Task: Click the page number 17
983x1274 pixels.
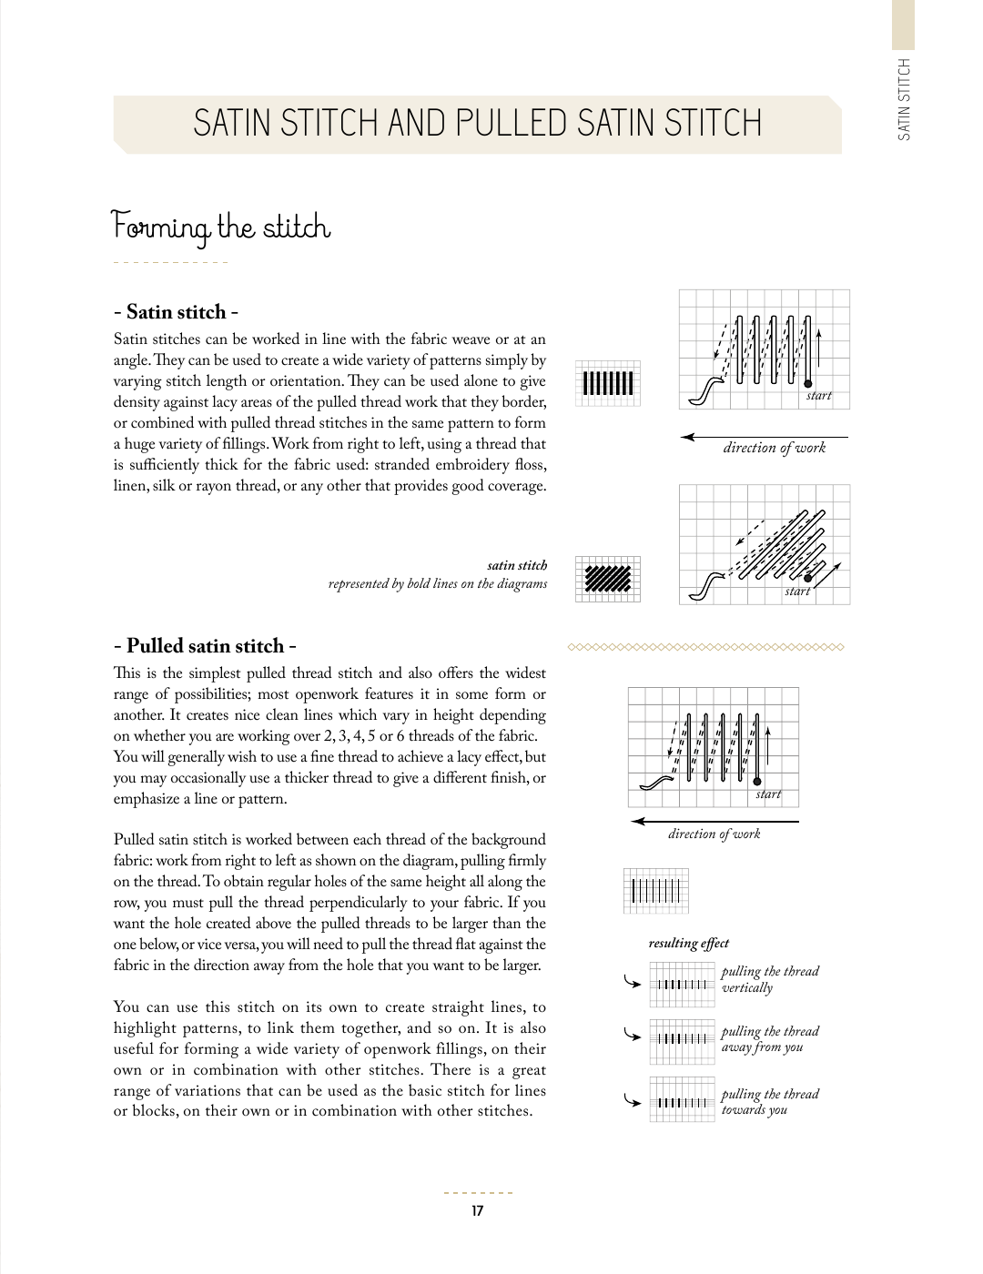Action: (478, 1211)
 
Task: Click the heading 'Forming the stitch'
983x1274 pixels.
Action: (220, 227)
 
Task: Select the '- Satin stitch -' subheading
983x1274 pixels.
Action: (176, 312)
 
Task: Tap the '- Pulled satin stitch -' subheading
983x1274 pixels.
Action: (205, 646)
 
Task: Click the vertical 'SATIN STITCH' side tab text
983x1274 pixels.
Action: (904, 99)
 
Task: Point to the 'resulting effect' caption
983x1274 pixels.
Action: (688, 944)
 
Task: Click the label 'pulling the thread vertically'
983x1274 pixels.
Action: (769, 979)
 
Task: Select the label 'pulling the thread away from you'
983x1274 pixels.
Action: (769, 1039)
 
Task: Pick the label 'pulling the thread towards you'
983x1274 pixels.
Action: (769, 1101)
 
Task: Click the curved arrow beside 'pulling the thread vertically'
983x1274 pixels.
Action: (632, 982)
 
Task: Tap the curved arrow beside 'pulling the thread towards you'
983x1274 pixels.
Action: (632, 1100)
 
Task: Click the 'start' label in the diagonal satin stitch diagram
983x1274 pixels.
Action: (797, 591)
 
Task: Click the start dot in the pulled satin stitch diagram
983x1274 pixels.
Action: (756, 781)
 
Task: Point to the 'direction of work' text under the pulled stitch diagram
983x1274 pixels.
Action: (714, 834)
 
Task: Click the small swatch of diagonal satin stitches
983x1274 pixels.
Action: (608, 579)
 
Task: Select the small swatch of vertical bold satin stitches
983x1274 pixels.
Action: (608, 383)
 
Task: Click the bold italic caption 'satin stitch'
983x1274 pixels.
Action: (517, 565)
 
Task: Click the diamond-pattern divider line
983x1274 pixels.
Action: (705, 647)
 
